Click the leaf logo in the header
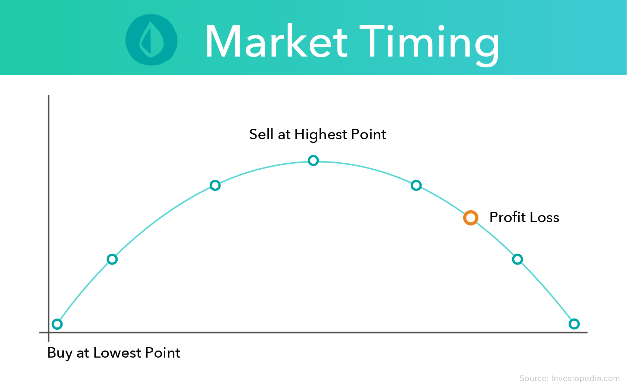coord(151,40)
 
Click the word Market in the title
coord(276,41)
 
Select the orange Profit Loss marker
coord(471,218)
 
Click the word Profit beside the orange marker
coord(507,217)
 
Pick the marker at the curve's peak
coord(313,160)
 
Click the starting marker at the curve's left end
coord(57,324)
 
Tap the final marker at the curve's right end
coord(574,324)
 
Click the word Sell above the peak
coord(261,134)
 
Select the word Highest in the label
coord(320,135)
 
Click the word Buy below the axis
coord(60,353)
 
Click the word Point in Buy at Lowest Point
coord(162,353)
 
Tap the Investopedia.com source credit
coord(569,378)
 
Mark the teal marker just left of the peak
coord(215,185)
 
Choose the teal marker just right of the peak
coord(416,185)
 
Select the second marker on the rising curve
coord(112,259)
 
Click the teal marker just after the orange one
coord(517,259)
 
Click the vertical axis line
coord(48,208)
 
